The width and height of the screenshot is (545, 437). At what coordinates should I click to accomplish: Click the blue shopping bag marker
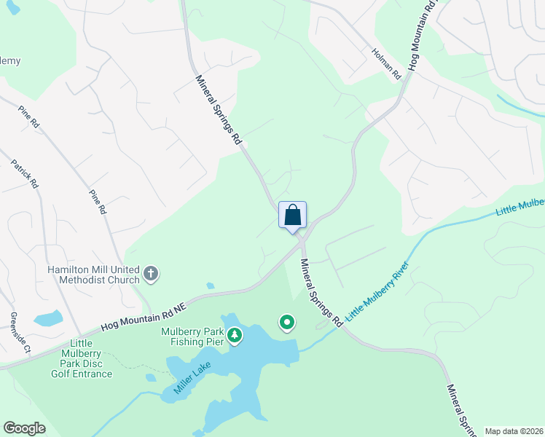[x=292, y=216]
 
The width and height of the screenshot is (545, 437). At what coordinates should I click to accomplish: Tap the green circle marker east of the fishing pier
[x=287, y=322]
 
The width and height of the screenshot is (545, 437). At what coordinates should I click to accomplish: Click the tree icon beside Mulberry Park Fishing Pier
[x=235, y=335]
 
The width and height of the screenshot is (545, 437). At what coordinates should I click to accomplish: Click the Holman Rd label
[x=386, y=63]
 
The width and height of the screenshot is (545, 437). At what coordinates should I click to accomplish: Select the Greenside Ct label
[x=18, y=333]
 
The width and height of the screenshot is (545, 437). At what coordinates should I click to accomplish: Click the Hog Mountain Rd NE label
[x=144, y=316]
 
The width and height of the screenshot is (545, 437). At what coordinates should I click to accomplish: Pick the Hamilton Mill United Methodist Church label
[x=93, y=275]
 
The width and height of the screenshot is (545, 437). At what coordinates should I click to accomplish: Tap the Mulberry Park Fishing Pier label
[x=191, y=335]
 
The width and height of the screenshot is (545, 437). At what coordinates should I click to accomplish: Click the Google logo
[x=24, y=428]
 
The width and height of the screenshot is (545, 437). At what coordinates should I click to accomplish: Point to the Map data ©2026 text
[x=513, y=431]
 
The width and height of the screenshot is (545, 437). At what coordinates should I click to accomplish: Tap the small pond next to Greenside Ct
[x=48, y=318]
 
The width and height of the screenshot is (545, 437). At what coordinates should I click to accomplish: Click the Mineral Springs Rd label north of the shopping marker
[x=219, y=109]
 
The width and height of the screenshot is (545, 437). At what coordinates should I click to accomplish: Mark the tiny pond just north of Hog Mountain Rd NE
[x=210, y=286]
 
